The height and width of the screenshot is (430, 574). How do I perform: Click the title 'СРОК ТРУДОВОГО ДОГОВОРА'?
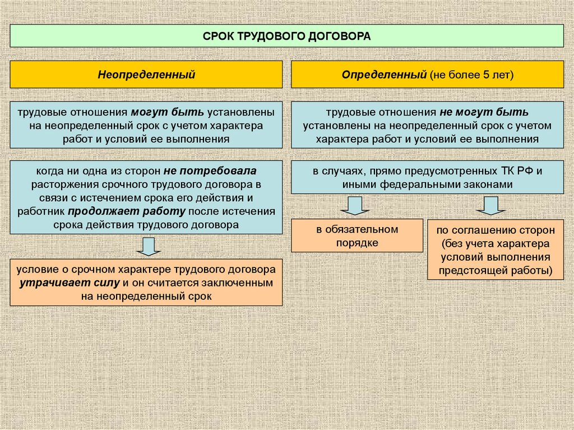click(x=286, y=36)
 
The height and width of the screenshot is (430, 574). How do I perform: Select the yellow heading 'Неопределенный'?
click(x=146, y=74)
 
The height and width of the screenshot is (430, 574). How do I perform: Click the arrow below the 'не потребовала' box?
click(x=149, y=246)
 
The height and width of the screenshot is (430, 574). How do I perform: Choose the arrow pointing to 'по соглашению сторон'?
click(x=491, y=206)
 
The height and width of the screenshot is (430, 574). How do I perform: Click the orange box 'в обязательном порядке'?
click(x=357, y=235)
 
